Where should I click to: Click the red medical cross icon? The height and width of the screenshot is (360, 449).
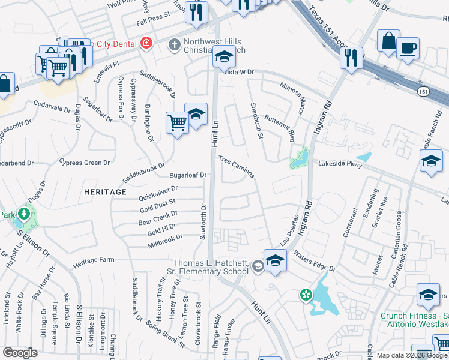[x=145, y=43]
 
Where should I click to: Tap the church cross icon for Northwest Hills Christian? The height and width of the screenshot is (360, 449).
[x=174, y=44]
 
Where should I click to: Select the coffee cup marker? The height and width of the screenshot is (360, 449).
[x=408, y=48]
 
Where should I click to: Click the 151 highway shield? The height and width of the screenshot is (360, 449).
[x=424, y=90]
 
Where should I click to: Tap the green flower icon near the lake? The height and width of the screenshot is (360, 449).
[x=306, y=294]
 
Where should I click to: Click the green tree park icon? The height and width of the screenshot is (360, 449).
[x=24, y=214]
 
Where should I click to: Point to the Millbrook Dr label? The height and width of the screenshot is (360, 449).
[x=165, y=242]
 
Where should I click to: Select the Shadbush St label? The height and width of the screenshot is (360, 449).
[x=256, y=120]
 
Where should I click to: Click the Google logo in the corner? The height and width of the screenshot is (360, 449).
[x=20, y=352]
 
